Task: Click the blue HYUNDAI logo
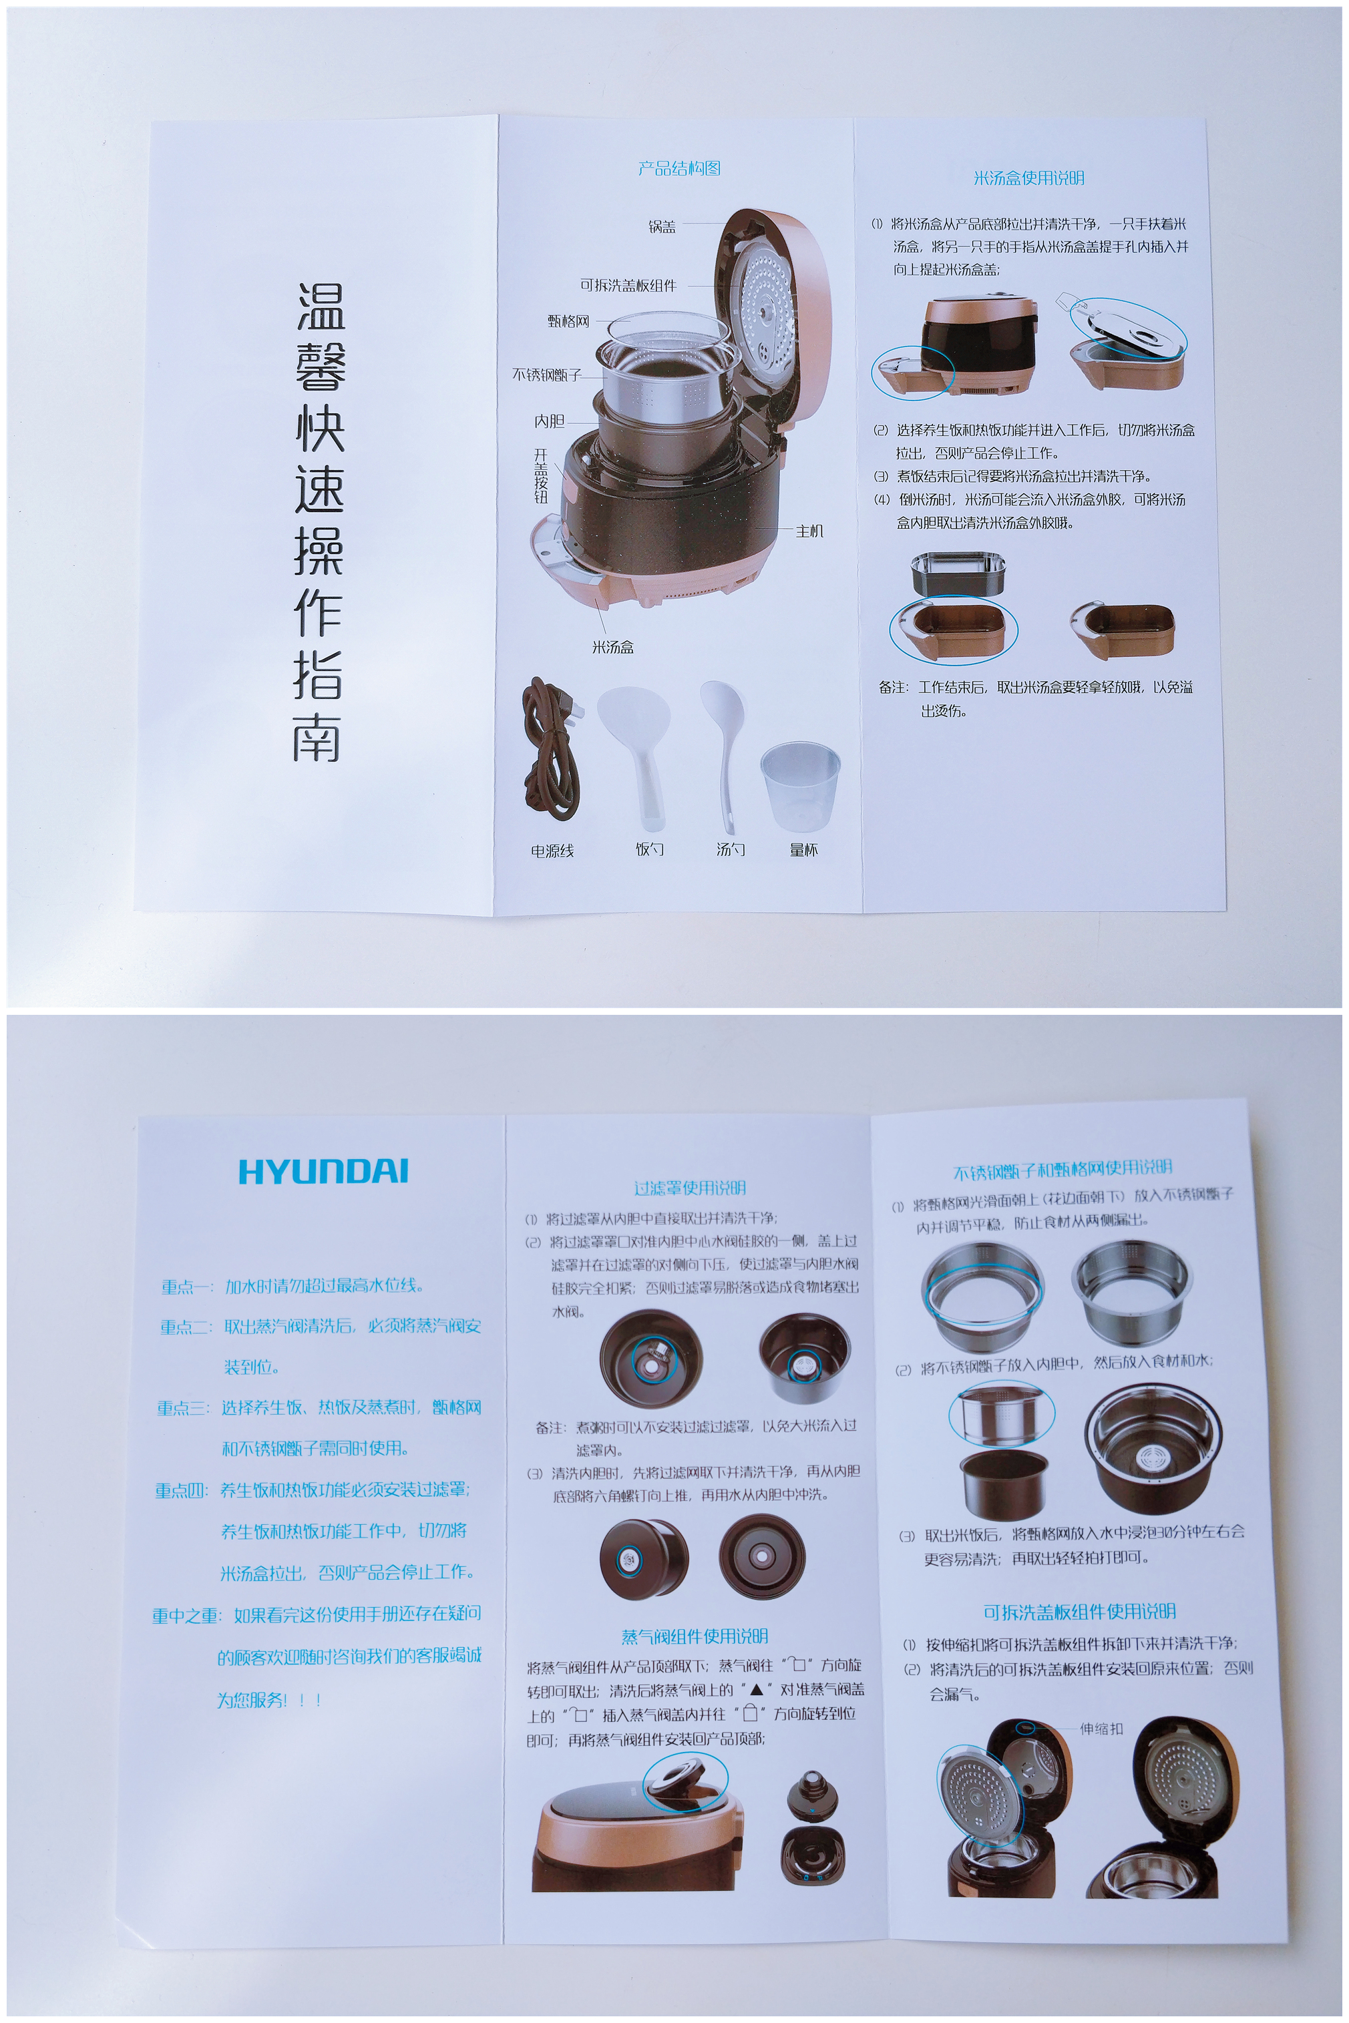click(x=323, y=1172)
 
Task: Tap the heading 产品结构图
click(x=679, y=168)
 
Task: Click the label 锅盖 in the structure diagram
click(x=662, y=227)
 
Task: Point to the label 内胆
click(x=550, y=421)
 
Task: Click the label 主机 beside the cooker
click(x=809, y=531)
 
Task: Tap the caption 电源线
click(x=552, y=851)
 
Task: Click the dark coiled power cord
click(x=550, y=748)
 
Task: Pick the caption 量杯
click(x=803, y=850)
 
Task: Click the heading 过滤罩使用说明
click(x=689, y=1188)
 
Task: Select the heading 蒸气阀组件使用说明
click(x=695, y=1636)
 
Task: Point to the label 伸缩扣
click(x=1101, y=1729)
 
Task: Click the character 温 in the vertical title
click(x=321, y=308)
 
